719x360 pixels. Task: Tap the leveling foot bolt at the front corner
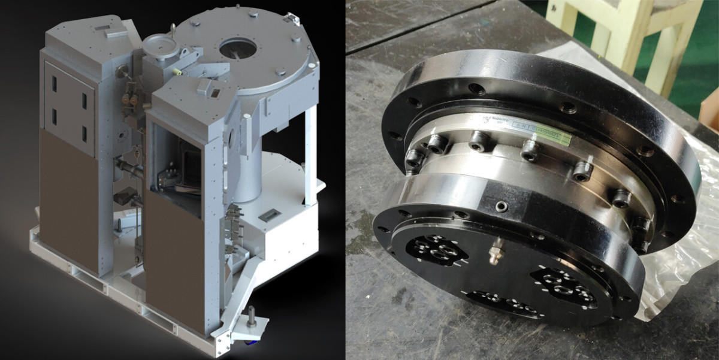pos(252,316)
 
